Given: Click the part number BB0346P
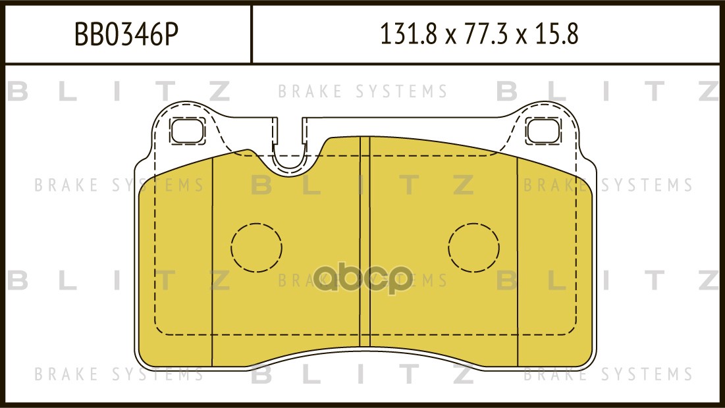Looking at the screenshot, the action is coord(126,34).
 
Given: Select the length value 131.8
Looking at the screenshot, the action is coord(408,34).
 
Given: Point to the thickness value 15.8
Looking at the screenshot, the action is coord(556,34).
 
